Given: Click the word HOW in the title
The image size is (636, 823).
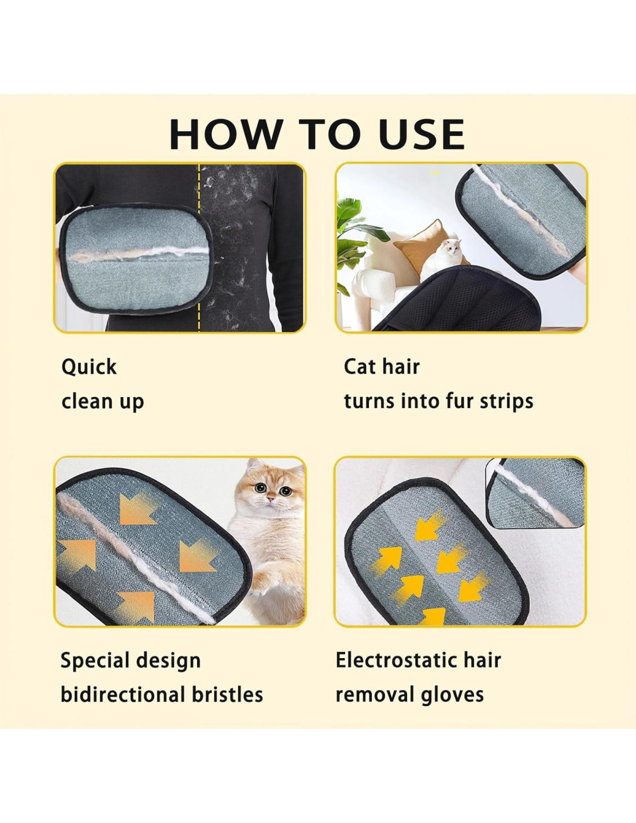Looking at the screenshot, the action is (x=224, y=134).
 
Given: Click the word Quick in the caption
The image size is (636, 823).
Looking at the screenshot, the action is (x=89, y=367).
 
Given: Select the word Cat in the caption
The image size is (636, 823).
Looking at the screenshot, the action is (x=360, y=366).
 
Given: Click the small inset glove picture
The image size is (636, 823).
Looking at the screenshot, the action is (x=535, y=493).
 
